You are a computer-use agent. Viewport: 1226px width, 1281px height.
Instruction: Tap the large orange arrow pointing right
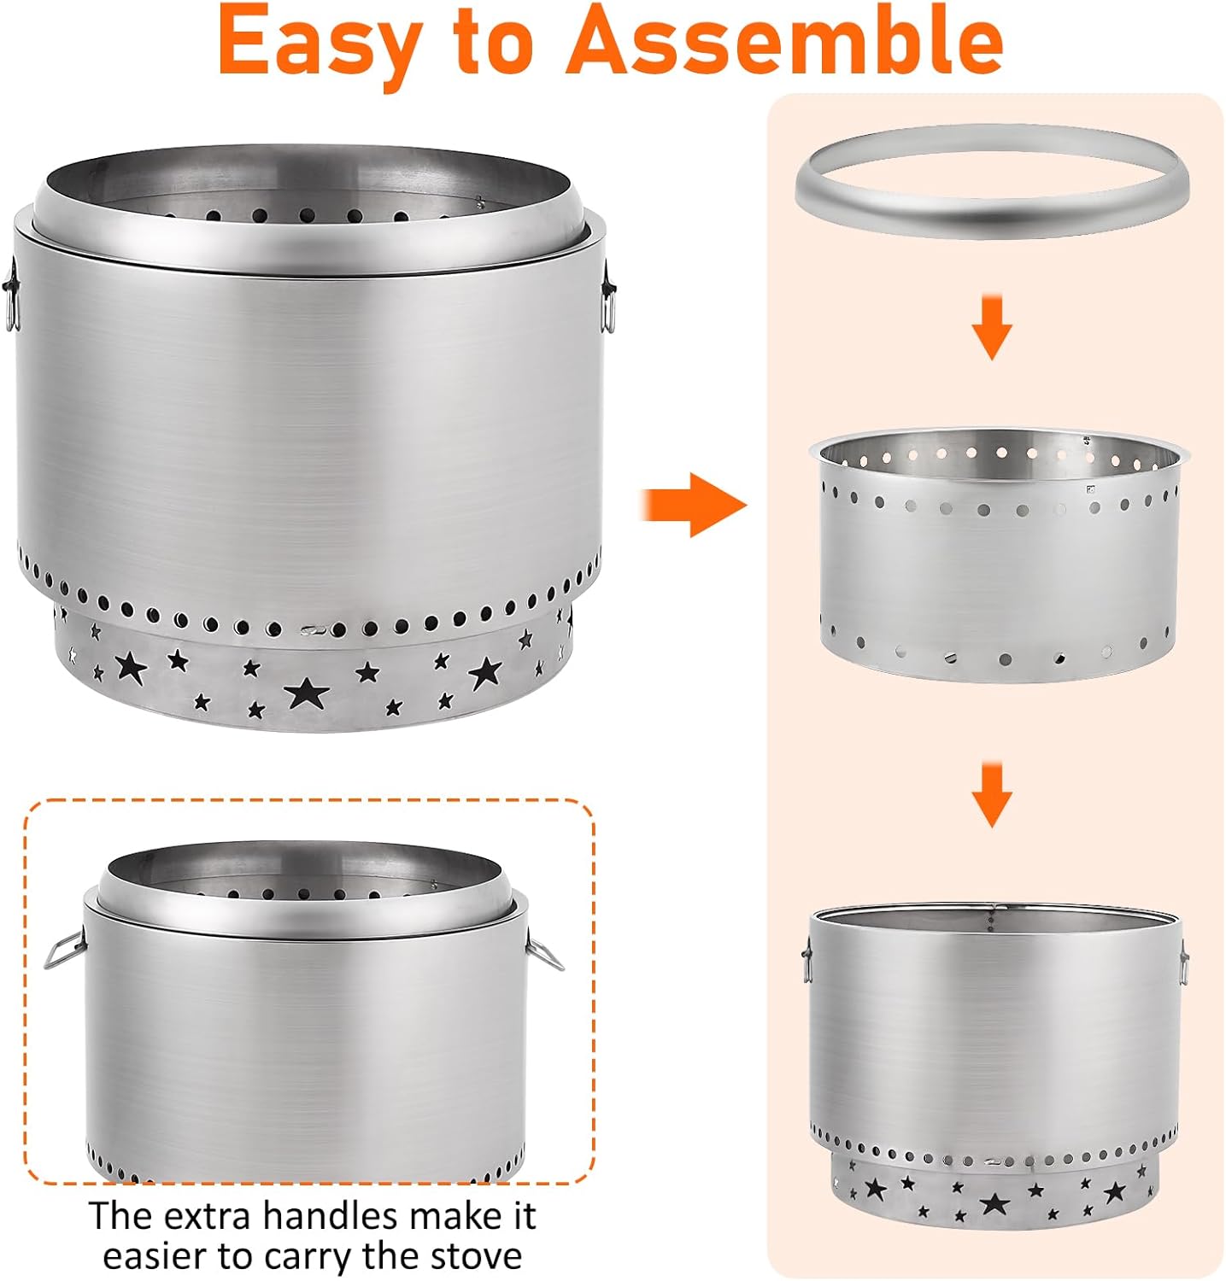point(694,505)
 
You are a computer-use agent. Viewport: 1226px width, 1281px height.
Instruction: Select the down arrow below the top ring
point(991,327)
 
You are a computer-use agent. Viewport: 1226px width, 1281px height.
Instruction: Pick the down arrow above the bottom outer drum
point(991,794)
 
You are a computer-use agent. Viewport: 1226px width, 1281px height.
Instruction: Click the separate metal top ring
point(992,182)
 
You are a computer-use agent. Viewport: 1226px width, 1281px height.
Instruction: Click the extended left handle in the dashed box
point(64,950)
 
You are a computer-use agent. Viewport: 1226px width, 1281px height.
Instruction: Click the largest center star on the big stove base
point(307,693)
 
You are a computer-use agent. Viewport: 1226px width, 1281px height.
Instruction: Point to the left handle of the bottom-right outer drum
point(807,961)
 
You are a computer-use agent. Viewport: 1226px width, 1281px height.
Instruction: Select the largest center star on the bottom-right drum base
point(994,1204)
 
